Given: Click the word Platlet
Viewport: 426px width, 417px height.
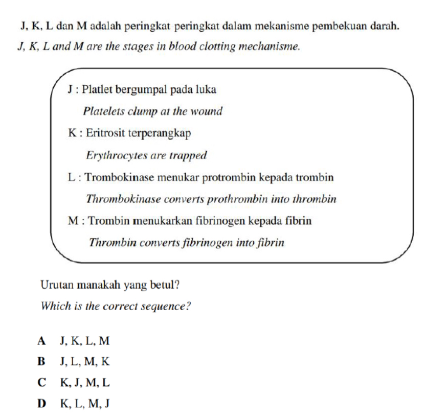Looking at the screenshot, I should point(98,90).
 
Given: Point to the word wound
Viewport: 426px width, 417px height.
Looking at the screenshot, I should point(208,111).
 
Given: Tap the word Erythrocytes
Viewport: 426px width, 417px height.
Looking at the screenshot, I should point(115,155).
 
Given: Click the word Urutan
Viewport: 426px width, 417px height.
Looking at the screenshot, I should point(57,285).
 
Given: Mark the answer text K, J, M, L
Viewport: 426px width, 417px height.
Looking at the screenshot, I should point(85,383).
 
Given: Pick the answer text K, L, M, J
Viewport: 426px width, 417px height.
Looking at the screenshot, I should point(85,404).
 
